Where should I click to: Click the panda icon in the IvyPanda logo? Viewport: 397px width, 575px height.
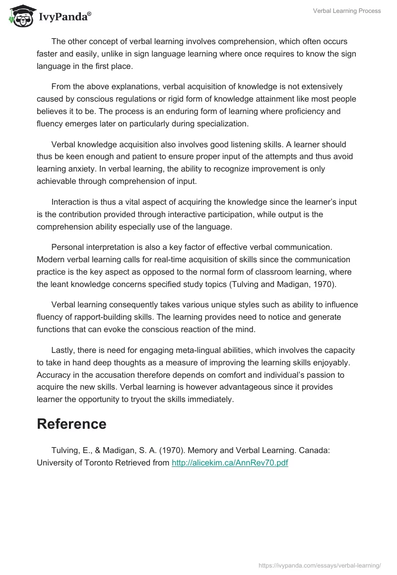pyautogui.click(x=19, y=16)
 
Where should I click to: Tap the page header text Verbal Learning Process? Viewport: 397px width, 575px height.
pyautogui.click(x=347, y=11)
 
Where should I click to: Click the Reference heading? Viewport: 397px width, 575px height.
pyautogui.click(x=71, y=424)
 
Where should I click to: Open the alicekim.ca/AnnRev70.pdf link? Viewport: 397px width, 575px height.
pyautogui.click(x=230, y=462)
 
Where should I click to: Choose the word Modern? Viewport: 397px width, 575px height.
pyautogui.click(x=51, y=259)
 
